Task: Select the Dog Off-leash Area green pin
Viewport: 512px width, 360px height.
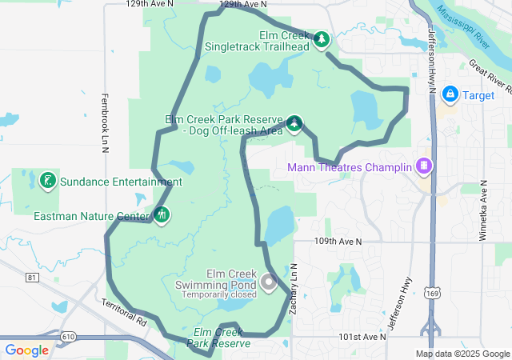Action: pyautogui.click(x=294, y=123)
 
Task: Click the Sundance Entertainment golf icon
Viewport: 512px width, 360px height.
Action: pyautogui.click(x=48, y=181)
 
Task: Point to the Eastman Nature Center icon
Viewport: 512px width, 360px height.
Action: pyautogui.click(x=162, y=214)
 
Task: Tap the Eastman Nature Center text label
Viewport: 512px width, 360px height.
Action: pyautogui.click(x=92, y=216)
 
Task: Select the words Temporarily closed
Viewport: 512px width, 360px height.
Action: pyautogui.click(x=218, y=294)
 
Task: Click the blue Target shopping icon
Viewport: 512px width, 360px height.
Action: pyautogui.click(x=450, y=94)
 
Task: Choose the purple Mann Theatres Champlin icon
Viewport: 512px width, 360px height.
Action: pyautogui.click(x=423, y=167)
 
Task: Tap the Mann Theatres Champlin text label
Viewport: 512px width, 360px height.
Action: pyautogui.click(x=350, y=168)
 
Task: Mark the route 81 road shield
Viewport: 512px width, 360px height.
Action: pyautogui.click(x=32, y=278)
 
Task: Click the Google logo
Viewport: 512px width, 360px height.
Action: pyautogui.click(x=26, y=350)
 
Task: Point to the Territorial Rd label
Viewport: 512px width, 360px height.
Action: pyautogui.click(x=125, y=311)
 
